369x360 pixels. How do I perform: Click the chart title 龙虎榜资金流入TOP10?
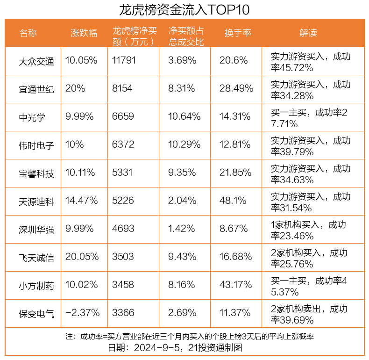tap(184, 9)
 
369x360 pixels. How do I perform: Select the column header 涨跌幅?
tap(84, 33)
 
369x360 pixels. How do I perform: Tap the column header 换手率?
tap(238, 33)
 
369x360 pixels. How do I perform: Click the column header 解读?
tap(308, 33)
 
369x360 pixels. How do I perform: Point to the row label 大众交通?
tap(36, 61)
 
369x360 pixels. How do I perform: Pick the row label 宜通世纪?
tap(36, 89)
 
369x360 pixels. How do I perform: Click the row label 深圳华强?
tap(36, 229)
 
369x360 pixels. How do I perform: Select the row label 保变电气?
tap(36, 313)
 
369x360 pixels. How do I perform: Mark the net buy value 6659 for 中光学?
tap(123, 116)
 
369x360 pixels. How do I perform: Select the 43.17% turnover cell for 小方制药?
tap(236, 285)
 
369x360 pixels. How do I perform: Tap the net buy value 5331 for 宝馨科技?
tap(122, 173)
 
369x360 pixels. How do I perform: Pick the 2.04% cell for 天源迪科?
tap(182, 201)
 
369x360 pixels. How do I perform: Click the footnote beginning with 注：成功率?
tap(189, 337)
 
